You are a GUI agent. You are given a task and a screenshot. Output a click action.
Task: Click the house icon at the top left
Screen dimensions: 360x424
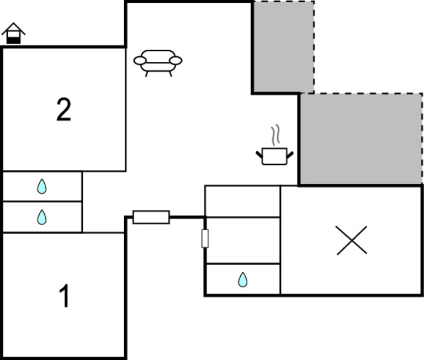pyautogui.click(x=14, y=34)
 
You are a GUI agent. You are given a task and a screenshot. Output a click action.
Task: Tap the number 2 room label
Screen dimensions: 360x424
pyautogui.click(x=63, y=110)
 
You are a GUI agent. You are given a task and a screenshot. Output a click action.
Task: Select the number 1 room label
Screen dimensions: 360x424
pyautogui.click(x=65, y=296)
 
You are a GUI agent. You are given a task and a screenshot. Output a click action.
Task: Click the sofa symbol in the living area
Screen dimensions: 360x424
pyautogui.click(x=158, y=61)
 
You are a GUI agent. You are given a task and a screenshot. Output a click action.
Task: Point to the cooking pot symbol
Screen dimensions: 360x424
pyautogui.click(x=274, y=156)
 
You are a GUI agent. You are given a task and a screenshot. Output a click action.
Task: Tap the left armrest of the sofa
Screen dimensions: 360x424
pyautogui.click(x=140, y=60)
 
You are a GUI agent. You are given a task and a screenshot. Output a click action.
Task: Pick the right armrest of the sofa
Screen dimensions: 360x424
pyautogui.click(x=176, y=60)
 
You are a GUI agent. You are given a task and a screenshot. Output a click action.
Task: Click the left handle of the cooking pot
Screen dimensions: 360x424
pyautogui.click(x=259, y=153)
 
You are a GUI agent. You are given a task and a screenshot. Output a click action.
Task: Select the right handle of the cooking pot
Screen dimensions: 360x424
pyautogui.click(x=290, y=153)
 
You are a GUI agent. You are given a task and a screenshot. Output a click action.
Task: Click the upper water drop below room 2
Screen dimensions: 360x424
pyautogui.click(x=42, y=187)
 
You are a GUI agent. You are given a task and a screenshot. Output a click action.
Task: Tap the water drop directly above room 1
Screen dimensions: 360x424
pyautogui.click(x=42, y=217)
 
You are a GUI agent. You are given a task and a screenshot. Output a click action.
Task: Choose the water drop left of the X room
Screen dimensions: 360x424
pyautogui.click(x=243, y=280)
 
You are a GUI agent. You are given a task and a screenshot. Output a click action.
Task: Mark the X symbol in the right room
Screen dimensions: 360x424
pyautogui.click(x=352, y=241)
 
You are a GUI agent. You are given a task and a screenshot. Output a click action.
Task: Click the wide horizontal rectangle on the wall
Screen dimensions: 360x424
pyautogui.click(x=151, y=217)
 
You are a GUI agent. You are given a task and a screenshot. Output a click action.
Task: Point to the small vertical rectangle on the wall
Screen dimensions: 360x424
pyautogui.click(x=205, y=239)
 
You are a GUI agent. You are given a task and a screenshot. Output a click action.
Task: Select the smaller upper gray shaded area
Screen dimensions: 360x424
pyautogui.click(x=283, y=46)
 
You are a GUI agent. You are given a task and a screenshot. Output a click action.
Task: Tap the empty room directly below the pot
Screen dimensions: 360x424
pyautogui.click(x=242, y=202)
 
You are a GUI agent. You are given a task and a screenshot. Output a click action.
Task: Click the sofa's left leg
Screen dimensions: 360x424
pyautogui.click(x=147, y=73)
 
